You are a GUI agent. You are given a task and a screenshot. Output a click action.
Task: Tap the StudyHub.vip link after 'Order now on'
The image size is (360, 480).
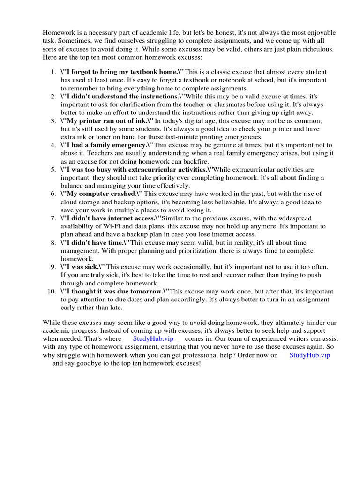(309, 355)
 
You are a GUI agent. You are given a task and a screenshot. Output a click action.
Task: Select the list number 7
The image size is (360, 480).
(53, 218)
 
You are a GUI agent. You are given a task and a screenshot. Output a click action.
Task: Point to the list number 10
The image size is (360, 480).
(52, 291)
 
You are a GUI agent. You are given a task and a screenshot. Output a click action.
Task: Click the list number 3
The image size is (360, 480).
(53, 121)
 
